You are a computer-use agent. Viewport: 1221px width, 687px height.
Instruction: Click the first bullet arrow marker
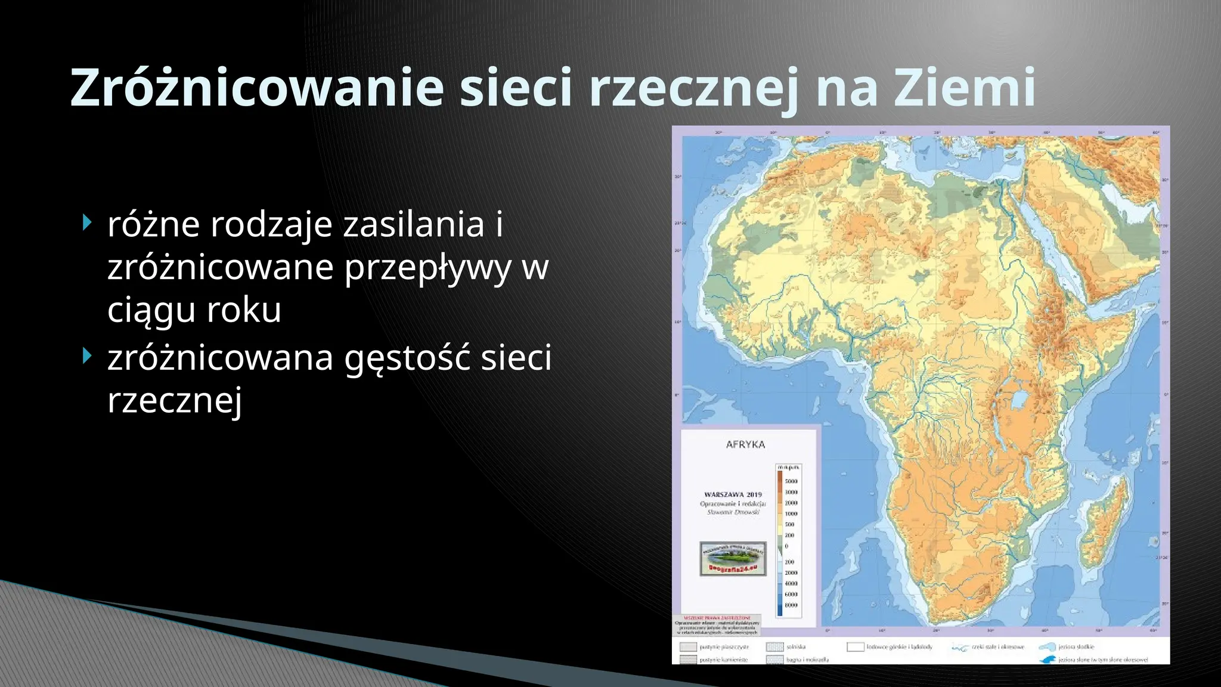[x=88, y=224]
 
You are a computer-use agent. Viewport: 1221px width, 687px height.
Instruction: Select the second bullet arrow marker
[x=88, y=357]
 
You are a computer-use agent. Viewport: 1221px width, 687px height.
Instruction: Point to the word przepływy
[x=427, y=267]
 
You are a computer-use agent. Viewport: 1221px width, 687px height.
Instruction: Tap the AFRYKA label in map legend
[x=745, y=444]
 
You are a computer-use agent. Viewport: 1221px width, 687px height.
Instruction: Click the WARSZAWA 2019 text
[x=733, y=494]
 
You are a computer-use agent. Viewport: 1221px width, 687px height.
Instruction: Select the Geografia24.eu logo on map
[x=733, y=559]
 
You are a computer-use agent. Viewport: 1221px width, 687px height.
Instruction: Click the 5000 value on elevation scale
[x=791, y=481]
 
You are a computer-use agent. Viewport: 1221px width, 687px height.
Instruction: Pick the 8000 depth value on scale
[x=791, y=605]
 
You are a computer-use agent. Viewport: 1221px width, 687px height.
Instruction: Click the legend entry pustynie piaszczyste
[x=724, y=647]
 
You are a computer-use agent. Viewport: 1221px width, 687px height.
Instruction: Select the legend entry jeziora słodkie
[x=1076, y=646]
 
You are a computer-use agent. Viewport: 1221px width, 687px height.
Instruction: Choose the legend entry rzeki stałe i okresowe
[x=997, y=647]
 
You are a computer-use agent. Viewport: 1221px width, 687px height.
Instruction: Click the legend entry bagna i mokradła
[x=807, y=660]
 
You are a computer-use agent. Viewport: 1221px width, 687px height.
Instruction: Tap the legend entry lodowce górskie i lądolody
[x=898, y=647]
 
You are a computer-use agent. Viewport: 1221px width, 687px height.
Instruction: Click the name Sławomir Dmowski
[x=733, y=512]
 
